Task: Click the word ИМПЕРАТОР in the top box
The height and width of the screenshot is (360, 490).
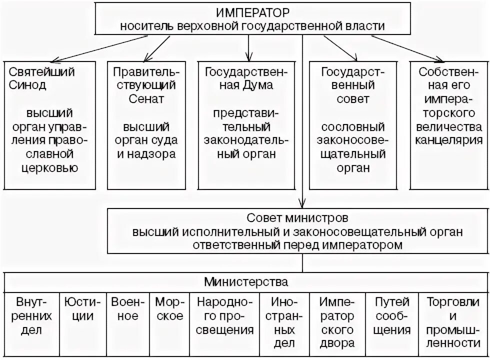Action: pos(252,12)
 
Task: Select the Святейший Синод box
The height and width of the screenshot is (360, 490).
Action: pos(49,125)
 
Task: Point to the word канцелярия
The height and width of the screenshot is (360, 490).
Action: pos(448,139)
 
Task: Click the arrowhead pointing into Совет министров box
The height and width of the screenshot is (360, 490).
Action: pos(302,204)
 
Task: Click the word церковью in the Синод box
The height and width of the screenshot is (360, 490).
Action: pos(49,168)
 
